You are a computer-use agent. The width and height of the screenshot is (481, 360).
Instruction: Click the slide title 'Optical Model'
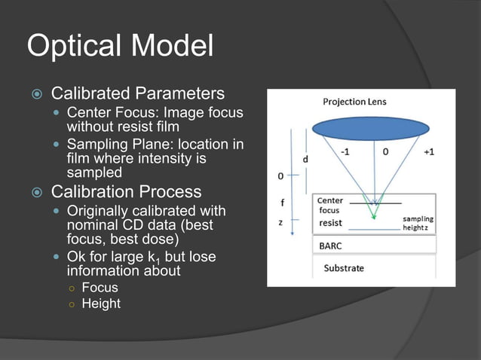(x=120, y=46)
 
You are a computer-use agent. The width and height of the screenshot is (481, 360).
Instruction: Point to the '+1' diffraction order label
(x=428, y=151)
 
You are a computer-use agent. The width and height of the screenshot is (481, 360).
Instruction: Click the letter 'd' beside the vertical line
(x=305, y=160)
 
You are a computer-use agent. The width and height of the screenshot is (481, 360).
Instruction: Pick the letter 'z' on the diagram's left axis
(x=280, y=223)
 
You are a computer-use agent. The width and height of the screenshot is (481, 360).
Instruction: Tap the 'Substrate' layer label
(x=343, y=267)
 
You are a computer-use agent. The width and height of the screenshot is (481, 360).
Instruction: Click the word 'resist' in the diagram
(x=329, y=223)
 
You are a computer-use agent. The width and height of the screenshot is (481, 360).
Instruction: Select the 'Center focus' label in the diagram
(x=330, y=206)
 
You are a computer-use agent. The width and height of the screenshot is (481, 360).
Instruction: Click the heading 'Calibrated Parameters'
(x=137, y=93)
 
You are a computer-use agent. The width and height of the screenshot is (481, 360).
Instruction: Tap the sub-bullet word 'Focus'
(x=100, y=287)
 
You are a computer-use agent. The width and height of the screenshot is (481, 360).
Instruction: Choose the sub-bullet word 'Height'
(x=101, y=304)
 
